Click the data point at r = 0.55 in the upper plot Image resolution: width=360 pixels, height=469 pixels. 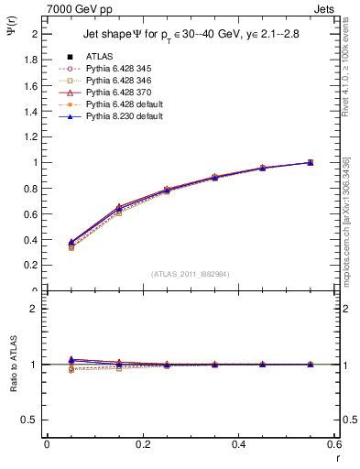click(x=310, y=162)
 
